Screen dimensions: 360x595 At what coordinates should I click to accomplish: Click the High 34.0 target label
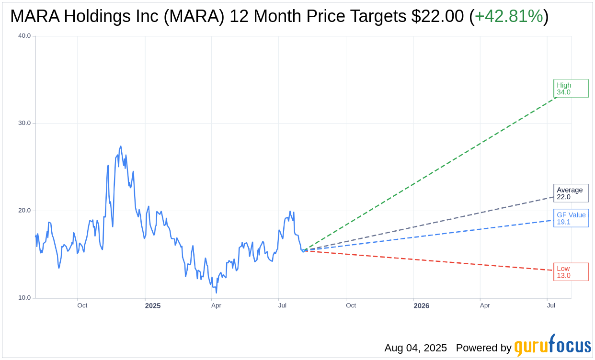(571, 89)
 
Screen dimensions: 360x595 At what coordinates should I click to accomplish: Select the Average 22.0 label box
(571, 193)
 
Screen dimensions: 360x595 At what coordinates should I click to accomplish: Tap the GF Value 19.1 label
(571, 218)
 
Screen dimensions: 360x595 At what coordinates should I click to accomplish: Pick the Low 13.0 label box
(571, 272)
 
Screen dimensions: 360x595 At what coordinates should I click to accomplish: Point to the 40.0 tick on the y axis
(24, 36)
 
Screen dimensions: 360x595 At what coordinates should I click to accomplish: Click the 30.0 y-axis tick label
(24, 123)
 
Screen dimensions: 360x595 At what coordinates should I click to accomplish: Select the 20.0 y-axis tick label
(24, 211)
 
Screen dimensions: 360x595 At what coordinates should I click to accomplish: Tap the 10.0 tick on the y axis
(24, 298)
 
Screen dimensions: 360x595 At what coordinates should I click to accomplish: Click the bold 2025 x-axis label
(153, 306)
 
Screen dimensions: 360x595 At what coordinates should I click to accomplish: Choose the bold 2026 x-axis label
(421, 306)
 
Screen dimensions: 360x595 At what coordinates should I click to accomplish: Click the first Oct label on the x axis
(82, 305)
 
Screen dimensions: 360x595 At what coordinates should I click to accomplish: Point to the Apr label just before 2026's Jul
(485, 305)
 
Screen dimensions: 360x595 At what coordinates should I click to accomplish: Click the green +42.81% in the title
(509, 16)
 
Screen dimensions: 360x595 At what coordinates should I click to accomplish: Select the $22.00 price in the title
(437, 16)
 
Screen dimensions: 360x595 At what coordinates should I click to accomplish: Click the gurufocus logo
(552, 346)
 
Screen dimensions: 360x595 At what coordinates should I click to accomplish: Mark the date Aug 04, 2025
(415, 348)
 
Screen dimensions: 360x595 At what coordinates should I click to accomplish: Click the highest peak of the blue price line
(121, 146)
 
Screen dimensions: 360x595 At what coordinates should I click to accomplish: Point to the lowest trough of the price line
(216, 292)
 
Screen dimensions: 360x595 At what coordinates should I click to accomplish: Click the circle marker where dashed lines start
(303, 250)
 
